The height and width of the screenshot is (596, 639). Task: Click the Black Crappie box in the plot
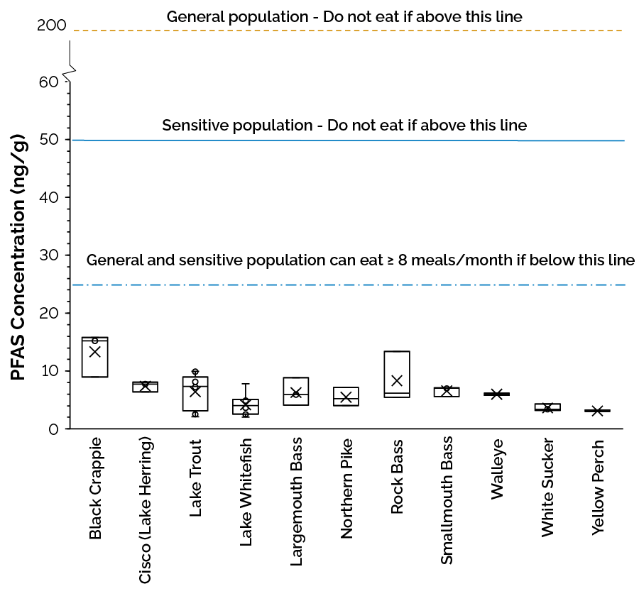(94, 357)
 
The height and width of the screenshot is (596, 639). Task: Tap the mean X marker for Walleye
(497, 394)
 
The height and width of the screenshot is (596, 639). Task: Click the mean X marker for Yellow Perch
(598, 411)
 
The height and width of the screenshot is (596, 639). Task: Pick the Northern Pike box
(346, 396)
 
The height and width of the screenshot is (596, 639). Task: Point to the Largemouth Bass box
(295, 391)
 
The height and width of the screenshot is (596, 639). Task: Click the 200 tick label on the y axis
(51, 26)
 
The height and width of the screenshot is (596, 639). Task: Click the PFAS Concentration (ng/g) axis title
(18, 255)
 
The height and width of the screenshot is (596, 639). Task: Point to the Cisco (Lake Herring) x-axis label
(145, 511)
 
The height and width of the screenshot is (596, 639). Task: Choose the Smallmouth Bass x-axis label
(447, 501)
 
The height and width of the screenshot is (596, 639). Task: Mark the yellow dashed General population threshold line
(348, 31)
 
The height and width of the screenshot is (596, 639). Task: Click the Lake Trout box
(195, 394)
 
